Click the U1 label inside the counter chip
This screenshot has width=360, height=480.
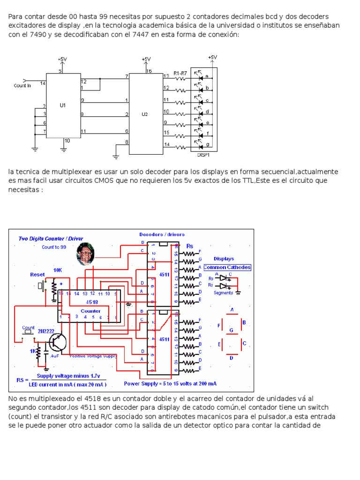[x=63, y=105]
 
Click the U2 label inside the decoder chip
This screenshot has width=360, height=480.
[x=144, y=114]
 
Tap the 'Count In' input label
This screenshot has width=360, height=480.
[x=22, y=86]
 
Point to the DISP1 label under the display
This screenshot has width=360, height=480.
[x=203, y=154]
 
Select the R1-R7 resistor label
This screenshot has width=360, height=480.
[x=180, y=73]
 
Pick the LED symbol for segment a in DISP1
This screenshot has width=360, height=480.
[x=199, y=75]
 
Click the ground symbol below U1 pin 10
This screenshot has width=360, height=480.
[x=64, y=149]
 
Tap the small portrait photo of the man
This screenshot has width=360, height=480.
[x=85, y=254]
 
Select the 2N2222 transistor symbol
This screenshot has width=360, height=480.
[x=57, y=343]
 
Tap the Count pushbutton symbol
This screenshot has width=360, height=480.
[x=29, y=332]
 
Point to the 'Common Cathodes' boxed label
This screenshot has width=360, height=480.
[x=227, y=267]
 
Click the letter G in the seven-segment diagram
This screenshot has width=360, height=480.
[x=231, y=330]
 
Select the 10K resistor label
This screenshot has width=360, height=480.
[x=58, y=270]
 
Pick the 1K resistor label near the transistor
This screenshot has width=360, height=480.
[x=33, y=351]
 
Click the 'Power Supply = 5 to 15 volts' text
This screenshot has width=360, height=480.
[x=170, y=383]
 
